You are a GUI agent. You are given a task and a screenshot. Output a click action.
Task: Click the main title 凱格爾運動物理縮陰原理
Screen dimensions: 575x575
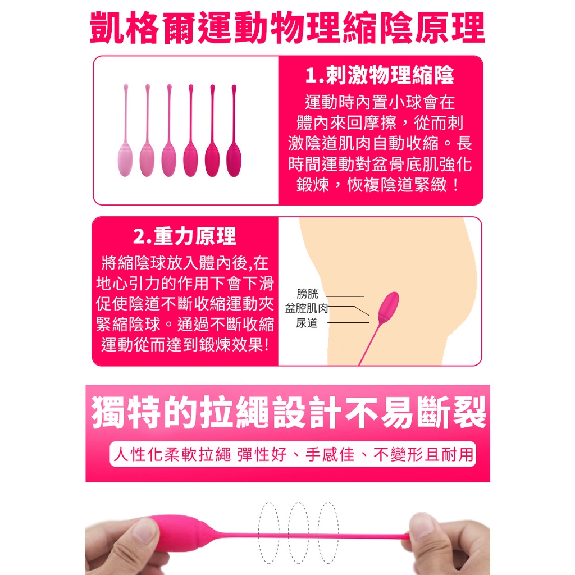pyautogui.click(x=287, y=28)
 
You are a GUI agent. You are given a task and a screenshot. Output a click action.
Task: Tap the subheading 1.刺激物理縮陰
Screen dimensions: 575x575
pyautogui.click(x=380, y=75)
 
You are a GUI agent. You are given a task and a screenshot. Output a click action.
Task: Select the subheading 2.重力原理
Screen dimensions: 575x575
pyautogui.click(x=184, y=236)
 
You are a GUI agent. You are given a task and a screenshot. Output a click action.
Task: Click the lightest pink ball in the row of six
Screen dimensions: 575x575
pyautogui.click(x=125, y=161)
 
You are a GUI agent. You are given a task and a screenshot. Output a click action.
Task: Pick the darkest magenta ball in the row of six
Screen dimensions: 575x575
pyautogui.click(x=234, y=161)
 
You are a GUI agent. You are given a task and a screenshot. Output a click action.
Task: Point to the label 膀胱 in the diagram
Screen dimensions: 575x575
pyautogui.click(x=307, y=294)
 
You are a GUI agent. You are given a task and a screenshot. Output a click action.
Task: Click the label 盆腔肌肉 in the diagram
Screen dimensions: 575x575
pyautogui.click(x=307, y=308)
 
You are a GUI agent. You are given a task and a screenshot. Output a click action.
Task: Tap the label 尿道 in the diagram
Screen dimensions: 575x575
pyautogui.click(x=307, y=323)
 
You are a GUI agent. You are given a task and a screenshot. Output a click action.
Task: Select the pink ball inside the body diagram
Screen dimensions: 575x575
pyautogui.click(x=388, y=307)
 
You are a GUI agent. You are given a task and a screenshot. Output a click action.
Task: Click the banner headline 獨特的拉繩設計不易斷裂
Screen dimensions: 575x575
pyautogui.click(x=288, y=412)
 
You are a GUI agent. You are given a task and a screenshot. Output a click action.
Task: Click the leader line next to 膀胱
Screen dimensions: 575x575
pyautogui.click(x=345, y=296)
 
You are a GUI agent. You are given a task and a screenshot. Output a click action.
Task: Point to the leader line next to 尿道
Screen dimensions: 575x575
pyautogui.click(x=348, y=323)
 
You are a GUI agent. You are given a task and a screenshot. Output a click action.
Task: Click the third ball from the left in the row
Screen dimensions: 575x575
pyautogui.click(x=168, y=161)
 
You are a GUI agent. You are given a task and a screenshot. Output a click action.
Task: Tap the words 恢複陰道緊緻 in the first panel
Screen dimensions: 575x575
pyautogui.click(x=397, y=184)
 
